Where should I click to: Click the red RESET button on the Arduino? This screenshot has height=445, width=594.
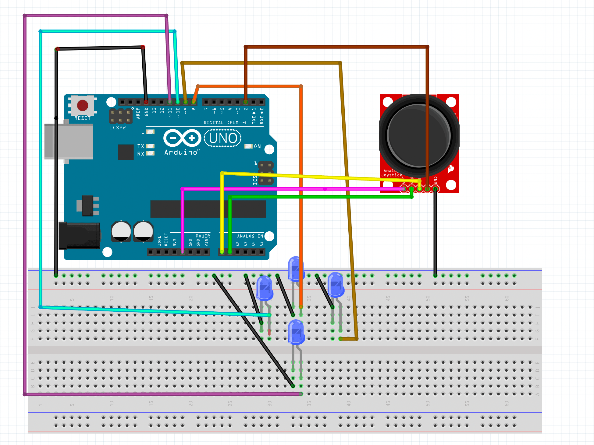point(83,106)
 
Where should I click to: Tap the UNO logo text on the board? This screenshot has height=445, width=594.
point(223,138)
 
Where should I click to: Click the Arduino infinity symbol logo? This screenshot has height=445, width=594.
point(182,138)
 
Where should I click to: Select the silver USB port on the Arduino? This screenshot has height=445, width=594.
point(69,141)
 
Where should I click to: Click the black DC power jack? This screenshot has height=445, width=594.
point(79,236)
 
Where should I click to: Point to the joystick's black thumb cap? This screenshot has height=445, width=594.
point(419,135)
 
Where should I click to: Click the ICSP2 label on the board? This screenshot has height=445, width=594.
point(117,128)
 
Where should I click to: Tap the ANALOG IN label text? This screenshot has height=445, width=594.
point(250,236)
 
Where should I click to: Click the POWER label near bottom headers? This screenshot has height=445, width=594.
point(203,236)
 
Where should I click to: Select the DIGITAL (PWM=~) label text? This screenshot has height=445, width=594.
point(225,123)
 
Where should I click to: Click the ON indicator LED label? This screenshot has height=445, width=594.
point(257,146)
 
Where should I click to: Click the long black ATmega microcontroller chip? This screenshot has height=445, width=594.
point(208,209)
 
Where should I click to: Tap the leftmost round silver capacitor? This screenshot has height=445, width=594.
point(121,231)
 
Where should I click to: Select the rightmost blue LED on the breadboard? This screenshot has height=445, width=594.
point(336,285)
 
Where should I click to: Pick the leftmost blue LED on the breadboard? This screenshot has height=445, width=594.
point(265,288)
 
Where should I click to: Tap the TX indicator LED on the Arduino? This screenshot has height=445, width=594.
point(151,146)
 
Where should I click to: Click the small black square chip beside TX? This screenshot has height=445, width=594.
point(126,152)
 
